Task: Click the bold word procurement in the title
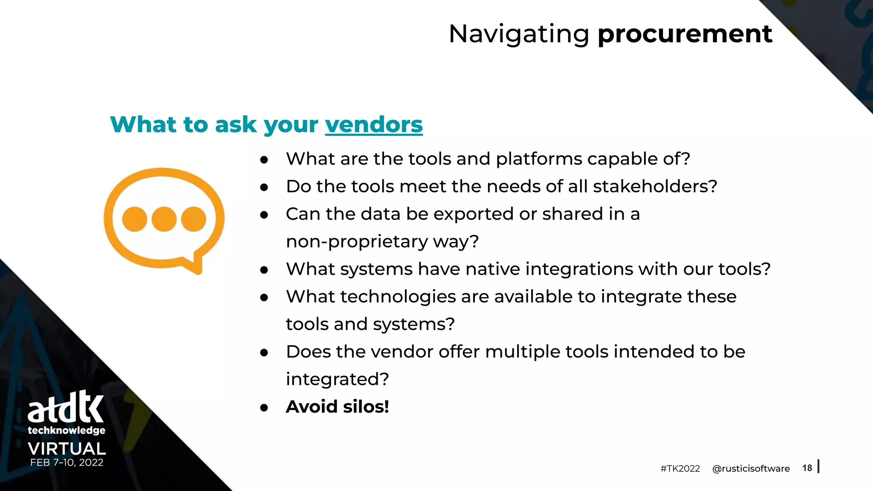685,34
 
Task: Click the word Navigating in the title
519,34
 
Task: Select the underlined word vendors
373,124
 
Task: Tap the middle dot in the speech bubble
164,219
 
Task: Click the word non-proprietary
356,242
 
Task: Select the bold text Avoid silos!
337,407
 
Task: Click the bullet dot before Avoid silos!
264,408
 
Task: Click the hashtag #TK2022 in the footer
680,468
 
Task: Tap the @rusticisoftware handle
751,468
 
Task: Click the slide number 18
807,468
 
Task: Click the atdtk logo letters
66,407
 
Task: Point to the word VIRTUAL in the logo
66,448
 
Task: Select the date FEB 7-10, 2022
66,462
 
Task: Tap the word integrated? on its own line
337,379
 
